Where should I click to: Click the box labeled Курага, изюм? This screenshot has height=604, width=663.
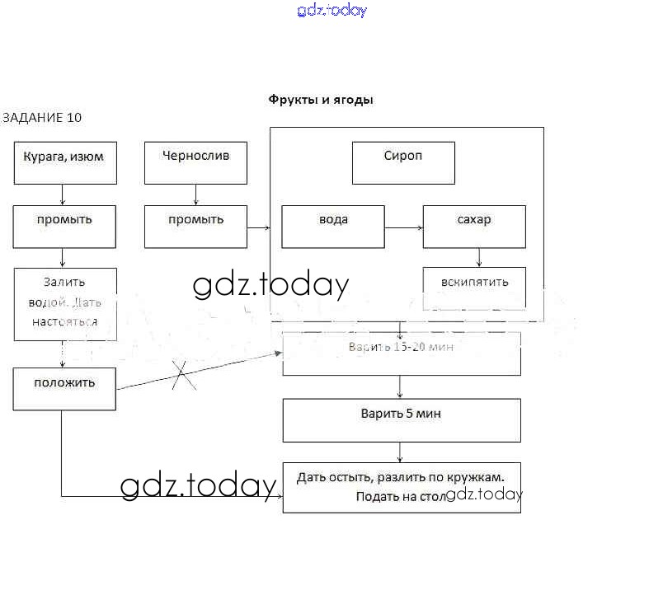click(x=64, y=162)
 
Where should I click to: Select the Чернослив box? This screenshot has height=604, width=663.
click(x=195, y=162)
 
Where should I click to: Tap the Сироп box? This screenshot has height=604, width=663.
click(x=403, y=162)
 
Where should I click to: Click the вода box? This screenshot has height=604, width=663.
click(x=333, y=227)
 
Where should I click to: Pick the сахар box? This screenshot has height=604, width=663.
click(x=474, y=227)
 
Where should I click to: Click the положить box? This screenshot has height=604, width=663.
click(x=64, y=389)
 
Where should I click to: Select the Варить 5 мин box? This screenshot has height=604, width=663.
click(x=402, y=420)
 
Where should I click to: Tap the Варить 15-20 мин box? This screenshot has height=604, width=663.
click(x=402, y=354)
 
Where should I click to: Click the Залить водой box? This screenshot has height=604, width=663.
click(x=64, y=303)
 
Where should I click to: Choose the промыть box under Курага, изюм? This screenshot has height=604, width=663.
click(x=64, y=227)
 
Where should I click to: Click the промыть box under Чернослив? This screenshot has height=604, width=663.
click(x=195, y=227)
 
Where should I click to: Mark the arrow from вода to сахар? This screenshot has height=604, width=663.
click(x=403, y=227)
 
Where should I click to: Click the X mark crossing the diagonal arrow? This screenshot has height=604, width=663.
click(x=183, y=377)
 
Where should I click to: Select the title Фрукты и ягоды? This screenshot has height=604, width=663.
click(x=321, y=100)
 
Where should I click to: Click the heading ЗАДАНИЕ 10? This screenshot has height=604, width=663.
click(x=42, y=117)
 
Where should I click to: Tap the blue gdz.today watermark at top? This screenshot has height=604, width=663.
click(x=331, y=11)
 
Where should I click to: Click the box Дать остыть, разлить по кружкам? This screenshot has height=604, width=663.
click(x=402, y=487)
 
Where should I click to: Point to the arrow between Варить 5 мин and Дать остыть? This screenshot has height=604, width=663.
click(x=401, y=452)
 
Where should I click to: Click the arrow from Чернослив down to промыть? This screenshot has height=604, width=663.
click(x=195, y=194)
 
